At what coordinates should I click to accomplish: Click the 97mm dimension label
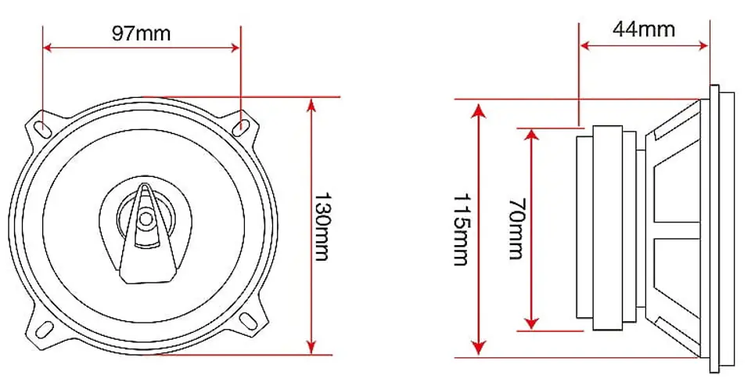pyautogui.click(x=142, y=33)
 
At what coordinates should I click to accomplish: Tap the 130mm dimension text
pyautogui.click(x=322, y=226)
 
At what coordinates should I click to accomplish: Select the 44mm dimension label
pyautogui.click(x=644, y=29)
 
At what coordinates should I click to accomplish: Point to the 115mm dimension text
pyautogui.click(x=462, y=229)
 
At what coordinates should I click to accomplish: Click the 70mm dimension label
pyautogui.click(x=516, y=229)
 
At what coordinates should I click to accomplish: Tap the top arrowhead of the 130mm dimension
pyautogui.click(x=312, y=104)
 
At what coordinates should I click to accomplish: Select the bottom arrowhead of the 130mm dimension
pyautogui.click(x=312, y=348)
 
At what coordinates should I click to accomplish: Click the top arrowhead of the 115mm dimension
pyautogui.click(x=479, y=110)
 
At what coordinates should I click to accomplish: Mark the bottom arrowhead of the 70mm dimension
pyautogui.click(x=531, y=323)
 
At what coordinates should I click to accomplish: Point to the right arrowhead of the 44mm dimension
pyautogui.click(x=703, y=45)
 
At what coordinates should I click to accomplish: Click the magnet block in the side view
pyautogui.click(x=608, y=228)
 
